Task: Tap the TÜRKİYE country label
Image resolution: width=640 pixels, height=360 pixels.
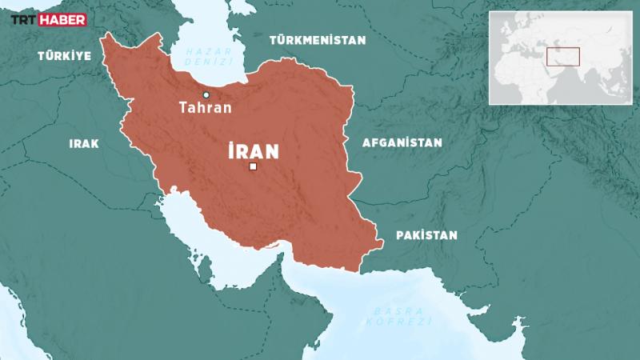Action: (64, 56)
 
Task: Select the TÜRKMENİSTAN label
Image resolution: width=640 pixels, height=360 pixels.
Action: (318, 39)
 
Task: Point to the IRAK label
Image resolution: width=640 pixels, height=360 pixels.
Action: (84, 144)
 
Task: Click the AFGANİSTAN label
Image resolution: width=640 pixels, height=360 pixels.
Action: (402, 142)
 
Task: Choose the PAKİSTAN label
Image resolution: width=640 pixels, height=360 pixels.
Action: (426, 235)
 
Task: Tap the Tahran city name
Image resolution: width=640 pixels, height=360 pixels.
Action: (206, 108)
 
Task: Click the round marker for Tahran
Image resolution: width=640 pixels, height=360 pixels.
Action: (206, 94)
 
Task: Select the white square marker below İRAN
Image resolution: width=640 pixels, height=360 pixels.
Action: (253, 167)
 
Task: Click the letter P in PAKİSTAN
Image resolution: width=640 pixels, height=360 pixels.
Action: (399, 235)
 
